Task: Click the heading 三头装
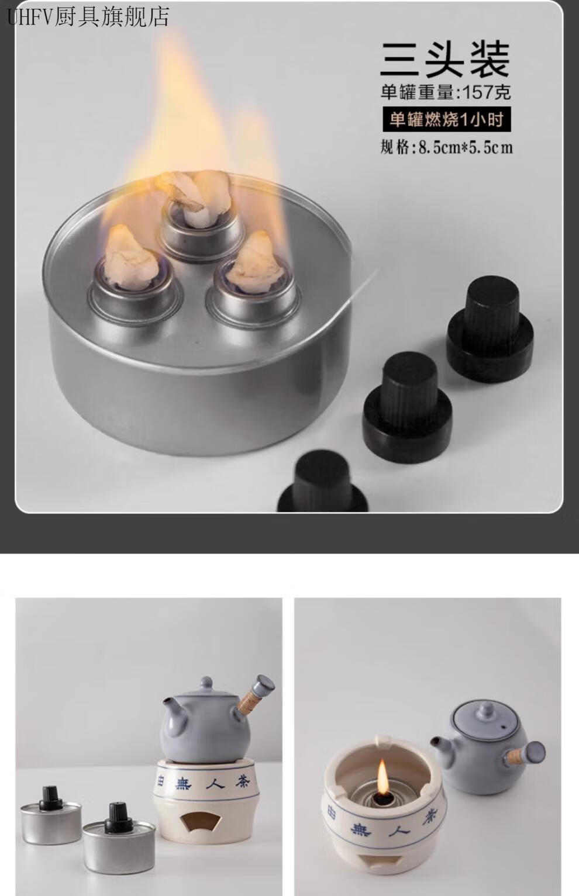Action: point(445,60)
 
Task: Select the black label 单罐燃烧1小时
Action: point(447,120)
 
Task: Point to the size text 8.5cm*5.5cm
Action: point(466,148)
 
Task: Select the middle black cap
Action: point(407,407)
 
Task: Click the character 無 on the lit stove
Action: point(361,828)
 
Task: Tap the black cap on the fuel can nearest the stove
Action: point(119,814)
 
